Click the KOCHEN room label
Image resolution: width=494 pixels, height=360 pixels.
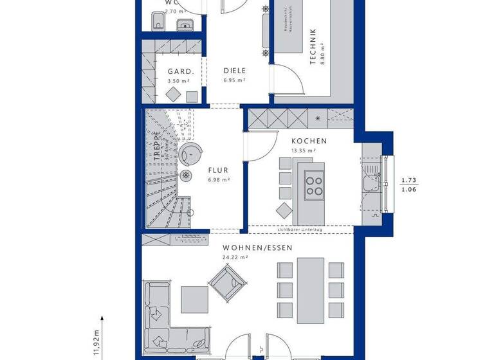click(309, 141)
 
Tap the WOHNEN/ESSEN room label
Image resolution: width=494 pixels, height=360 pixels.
click(257, 248)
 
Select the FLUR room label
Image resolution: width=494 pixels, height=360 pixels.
click(219, 170)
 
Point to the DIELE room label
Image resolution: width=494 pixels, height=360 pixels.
click(235, 71)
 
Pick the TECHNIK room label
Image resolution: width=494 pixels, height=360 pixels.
click(313, 46)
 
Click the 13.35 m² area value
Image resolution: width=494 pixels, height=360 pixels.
click(304, 151)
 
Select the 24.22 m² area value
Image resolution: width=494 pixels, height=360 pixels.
click(235, 257)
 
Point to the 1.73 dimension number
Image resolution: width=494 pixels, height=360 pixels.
click(408, 181)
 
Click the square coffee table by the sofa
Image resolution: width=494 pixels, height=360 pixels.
click(194, 298)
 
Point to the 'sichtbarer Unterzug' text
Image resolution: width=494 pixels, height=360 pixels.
click(299, 230)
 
